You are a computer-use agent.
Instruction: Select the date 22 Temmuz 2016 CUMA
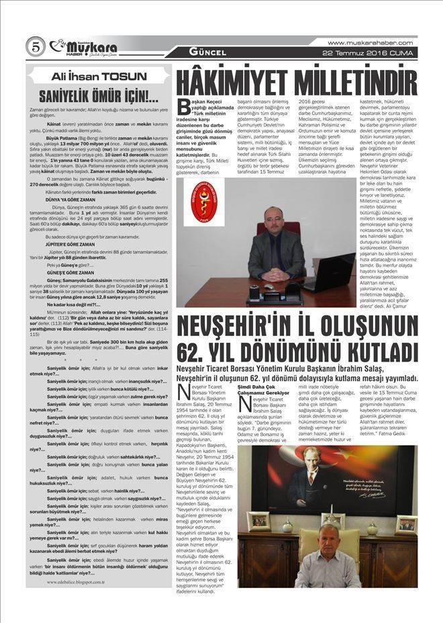[x=379, y=52]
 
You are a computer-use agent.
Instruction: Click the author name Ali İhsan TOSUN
[x=99, y=77]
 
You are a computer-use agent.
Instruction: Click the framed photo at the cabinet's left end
[x=258, y=522]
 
